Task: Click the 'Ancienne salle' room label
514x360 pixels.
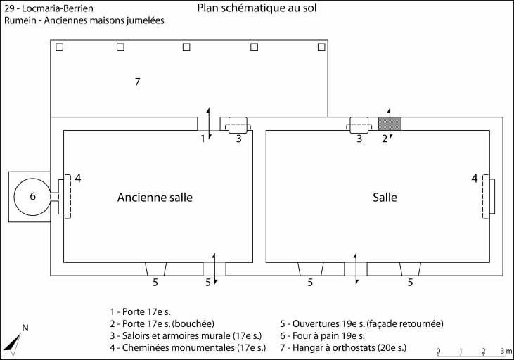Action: click(155, 198)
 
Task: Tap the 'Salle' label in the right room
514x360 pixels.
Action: click(385, 198)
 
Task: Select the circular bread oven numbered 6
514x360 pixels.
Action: click(32, 196)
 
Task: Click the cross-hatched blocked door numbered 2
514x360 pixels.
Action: click(390, 124)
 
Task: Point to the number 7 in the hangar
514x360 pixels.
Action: click(138, 82)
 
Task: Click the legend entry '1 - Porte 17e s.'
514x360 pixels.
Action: click(141, 311)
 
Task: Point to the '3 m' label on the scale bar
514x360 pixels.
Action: click(506, 350)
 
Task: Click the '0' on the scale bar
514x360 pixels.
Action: click(438, 350)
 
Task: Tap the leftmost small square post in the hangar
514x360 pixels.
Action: click(60, 47)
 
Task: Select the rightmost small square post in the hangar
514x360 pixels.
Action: click(321, 47)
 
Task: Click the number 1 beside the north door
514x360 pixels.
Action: click(203, 139)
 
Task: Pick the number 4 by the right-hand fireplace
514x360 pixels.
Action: click(475, 179)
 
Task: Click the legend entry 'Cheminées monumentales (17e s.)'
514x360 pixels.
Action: click(188, 347)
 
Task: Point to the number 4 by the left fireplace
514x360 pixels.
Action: click(78, 179)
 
